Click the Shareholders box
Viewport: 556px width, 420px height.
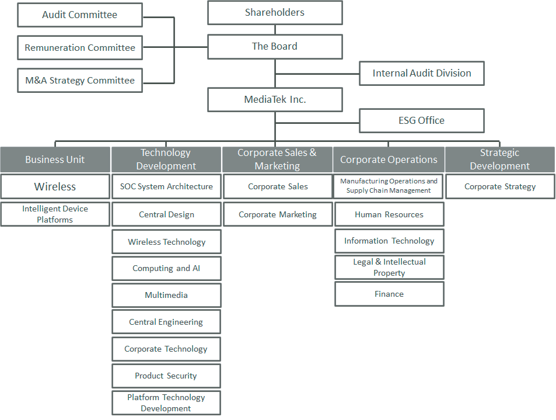[x=275, y=12]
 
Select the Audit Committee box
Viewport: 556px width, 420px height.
[x=80, y=15]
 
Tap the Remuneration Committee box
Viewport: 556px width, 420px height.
[x=80, y=48]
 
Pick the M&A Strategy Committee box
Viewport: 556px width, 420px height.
[x=80, y=81]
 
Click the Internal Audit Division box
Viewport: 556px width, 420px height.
[x=421, y=73]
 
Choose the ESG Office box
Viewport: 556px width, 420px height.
[x=421, y=120]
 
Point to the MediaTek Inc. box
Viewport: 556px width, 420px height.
[x=275, y=99]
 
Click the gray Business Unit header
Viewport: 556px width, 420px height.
[x=55, y=159]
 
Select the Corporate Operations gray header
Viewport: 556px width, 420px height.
[x=389, y=159]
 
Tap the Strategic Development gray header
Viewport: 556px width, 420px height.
[x=499, y=159]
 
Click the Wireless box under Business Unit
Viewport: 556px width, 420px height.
[x=55, y=187]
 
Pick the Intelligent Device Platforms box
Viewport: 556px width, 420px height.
[x=55, y=214]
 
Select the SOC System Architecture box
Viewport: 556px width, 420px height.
[x=166, y=187]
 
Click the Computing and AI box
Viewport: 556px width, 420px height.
[x=166, y=269]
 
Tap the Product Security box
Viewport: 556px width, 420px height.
[x=166, y=376]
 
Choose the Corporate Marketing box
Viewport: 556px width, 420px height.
[x=278, y=214]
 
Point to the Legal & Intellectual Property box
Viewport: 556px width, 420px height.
[x=389, y=268]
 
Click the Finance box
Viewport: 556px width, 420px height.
[x=389, y=294]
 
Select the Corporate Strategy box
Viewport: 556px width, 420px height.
[x=500, y=187]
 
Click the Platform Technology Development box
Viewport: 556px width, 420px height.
[x=166, y=403]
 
